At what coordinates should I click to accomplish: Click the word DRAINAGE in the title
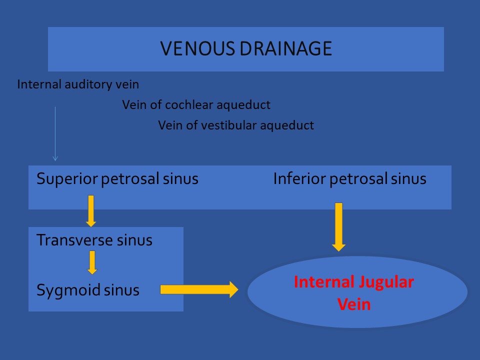[286, 48]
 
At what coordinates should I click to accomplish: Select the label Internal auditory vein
[78, 84]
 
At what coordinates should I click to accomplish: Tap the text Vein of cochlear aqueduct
[196, 105]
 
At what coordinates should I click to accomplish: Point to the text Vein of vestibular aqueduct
[236, 125]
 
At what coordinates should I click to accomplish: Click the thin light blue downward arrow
[55, 134]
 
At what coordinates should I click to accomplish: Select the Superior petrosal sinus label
[117, 179]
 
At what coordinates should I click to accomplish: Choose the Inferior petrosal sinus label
[349, 179]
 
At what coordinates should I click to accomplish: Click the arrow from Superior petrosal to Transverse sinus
[91, 211]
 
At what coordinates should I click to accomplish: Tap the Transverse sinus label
[94, 240]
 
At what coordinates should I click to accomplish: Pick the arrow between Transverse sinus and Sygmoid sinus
[92, 262]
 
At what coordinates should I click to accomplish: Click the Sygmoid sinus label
[88, 290]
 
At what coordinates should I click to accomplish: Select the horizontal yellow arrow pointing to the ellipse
[199, 289]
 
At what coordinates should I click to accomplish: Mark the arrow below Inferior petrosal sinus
[338, 227]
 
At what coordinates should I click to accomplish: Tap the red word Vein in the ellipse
[354, 304]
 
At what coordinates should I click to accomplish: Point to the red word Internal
[324, 282]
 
